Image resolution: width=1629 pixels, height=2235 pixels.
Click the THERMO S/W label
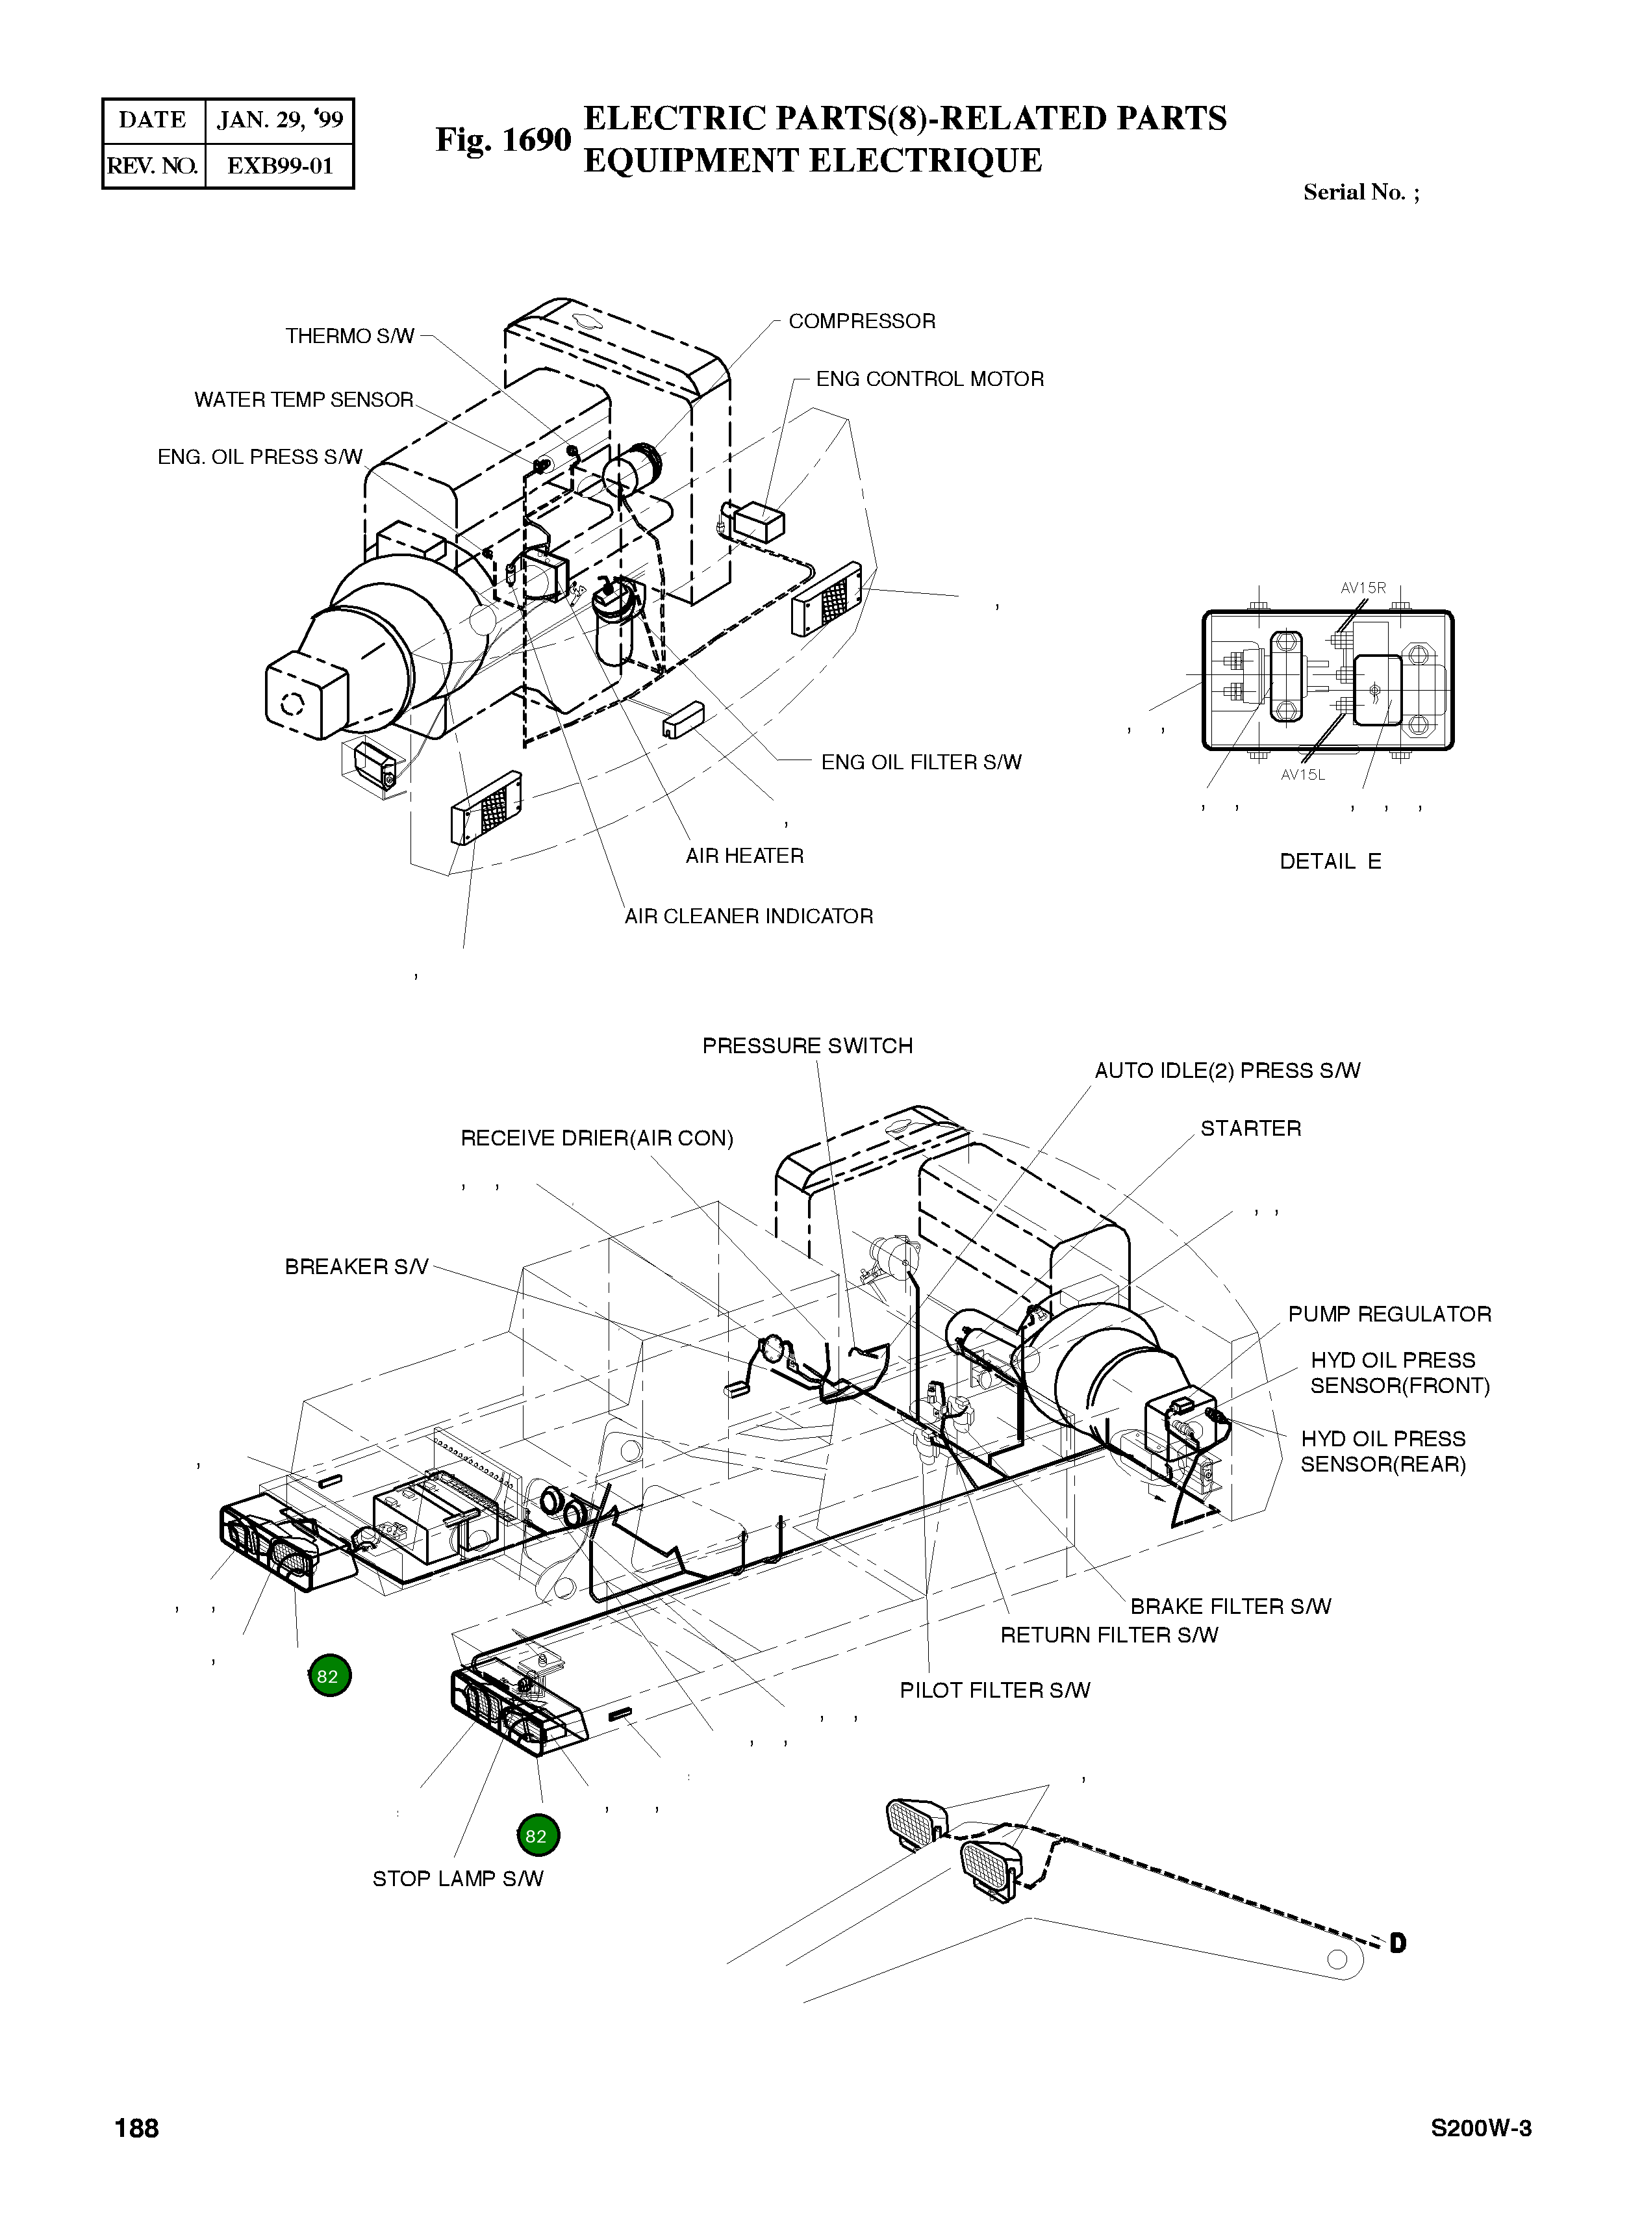point(350,337)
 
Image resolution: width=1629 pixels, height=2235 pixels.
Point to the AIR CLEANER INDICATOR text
point(748,916)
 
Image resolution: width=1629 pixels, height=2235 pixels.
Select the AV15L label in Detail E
point(1302,774)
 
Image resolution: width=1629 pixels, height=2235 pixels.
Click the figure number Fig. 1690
point(503,140)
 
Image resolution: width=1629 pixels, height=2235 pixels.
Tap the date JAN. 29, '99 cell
point(280,120)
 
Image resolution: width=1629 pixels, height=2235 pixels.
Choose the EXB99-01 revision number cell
point(280,166)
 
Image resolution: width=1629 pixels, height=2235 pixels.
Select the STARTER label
point(1250,1129)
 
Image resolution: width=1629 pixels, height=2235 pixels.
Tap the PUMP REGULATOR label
point(1389,1315)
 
